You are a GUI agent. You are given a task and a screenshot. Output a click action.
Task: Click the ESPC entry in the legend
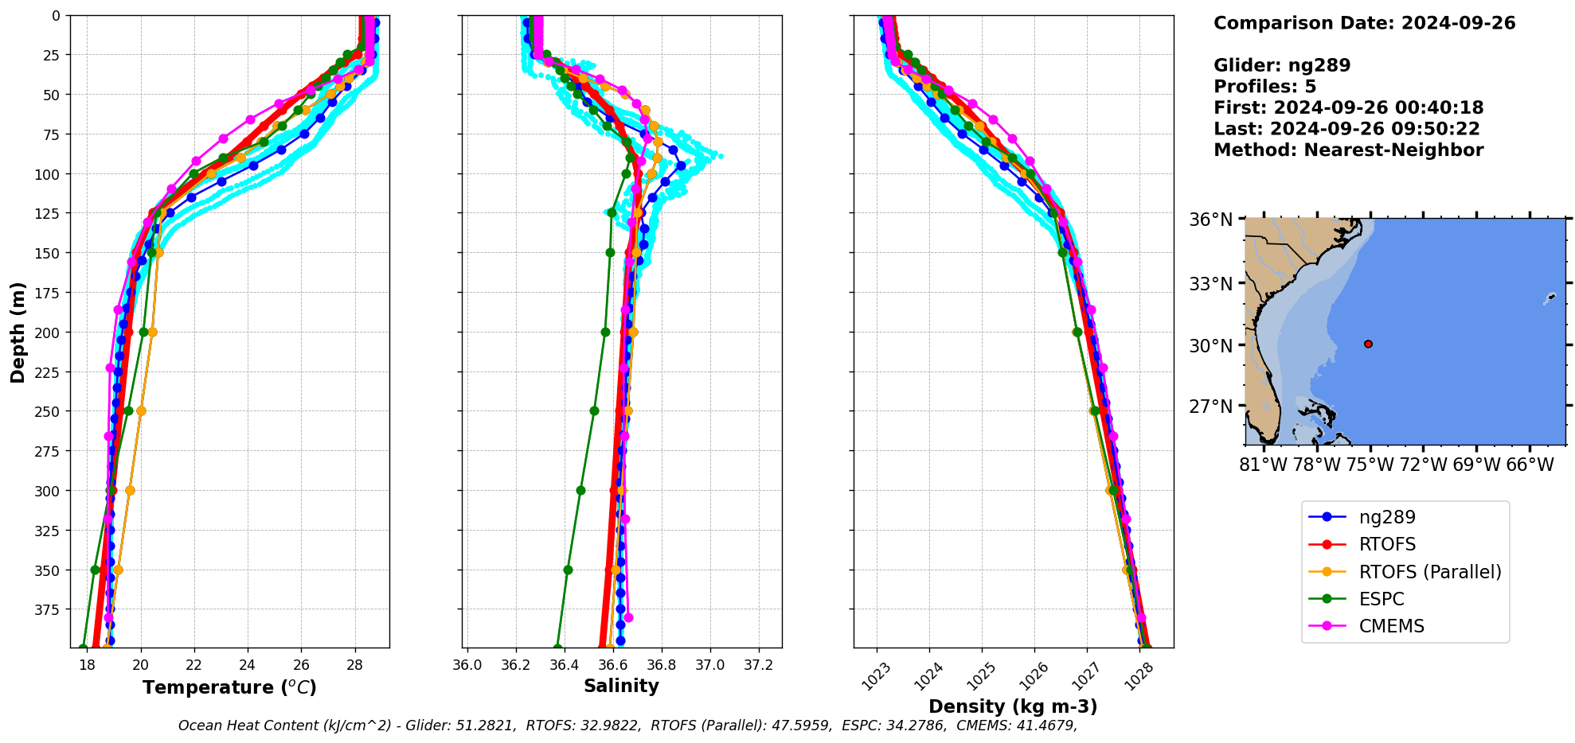[1381, 599]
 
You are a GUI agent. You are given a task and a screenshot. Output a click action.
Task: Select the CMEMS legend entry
[1391, 626]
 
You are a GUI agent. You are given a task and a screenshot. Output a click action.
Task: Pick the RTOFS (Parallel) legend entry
[1429, 572]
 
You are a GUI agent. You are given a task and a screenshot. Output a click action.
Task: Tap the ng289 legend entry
[1386, 517]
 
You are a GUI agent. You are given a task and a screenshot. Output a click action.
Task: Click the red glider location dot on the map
[1368, 344]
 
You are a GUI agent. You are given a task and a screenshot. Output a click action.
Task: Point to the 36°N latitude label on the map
[1210, 220]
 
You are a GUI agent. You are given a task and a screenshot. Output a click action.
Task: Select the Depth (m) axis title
[18, 332]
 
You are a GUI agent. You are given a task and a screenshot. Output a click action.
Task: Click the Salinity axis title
[621, 686]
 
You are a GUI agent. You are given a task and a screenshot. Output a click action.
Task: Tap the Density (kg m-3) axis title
[1013, 706]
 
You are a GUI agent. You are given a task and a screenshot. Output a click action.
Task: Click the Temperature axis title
[229, 687]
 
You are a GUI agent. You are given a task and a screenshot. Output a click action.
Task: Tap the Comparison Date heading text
[1364, 23]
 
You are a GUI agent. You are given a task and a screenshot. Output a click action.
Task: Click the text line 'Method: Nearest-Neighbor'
[1348, 150]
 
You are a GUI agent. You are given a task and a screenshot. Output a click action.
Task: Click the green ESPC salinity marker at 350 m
[568, 570]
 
